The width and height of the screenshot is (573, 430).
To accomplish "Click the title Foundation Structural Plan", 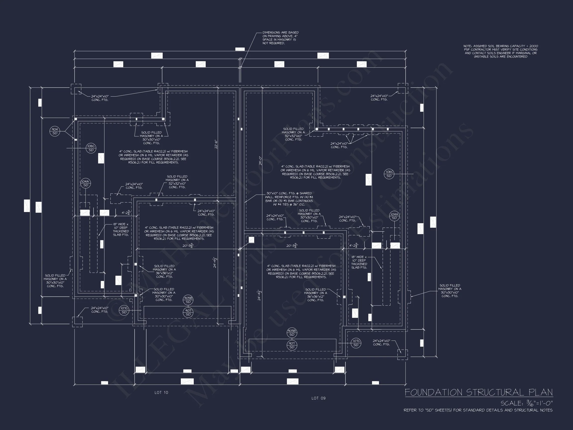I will [x=479, y=392].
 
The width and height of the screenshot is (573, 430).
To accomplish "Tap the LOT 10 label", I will [x=161, y=392].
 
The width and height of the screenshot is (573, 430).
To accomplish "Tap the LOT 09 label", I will [x=318, y=398].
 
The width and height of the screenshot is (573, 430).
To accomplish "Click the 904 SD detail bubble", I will [x=55, y=131].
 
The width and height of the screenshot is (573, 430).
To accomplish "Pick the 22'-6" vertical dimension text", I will [x=216, y=144].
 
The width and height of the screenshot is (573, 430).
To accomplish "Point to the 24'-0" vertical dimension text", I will [x=260, y=161].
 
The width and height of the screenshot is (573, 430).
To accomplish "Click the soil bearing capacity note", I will [x=500, y=51].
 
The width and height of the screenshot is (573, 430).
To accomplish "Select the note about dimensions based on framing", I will [x=280, y=38].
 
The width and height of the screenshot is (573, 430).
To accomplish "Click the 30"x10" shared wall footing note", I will [x=289, y=199].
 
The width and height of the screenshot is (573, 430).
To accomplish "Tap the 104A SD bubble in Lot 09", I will [x=394, y=216].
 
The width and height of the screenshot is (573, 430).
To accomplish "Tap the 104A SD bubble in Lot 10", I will [x=86, y=183].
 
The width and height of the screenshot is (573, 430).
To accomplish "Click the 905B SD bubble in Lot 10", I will [x=188, y=300].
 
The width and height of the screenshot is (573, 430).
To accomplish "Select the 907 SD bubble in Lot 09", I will [x=292, y=345].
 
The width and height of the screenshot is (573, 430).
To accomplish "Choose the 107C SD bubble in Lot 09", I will [x=356, y=343].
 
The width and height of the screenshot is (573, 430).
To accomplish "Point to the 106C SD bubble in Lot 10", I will [x=91, y=148].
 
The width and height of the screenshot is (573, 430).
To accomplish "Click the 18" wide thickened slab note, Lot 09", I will [x=359, y=262].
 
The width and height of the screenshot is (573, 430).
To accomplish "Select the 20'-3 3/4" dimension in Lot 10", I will [x=188, y=245].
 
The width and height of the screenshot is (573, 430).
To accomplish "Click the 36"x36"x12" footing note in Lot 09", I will [x=315, y=295].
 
